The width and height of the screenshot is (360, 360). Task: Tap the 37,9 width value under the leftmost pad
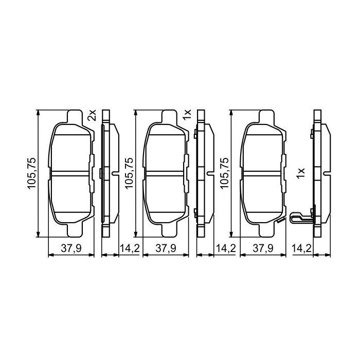pyautogui.click(x=70, y=248)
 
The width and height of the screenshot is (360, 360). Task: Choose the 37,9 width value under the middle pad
pyautogui.click(x=166, y=248)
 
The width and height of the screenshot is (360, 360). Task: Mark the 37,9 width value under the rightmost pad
pyautogui.click(x=262, y=248)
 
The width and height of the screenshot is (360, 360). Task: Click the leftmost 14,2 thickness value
pyautogui.click(x=129, y=248)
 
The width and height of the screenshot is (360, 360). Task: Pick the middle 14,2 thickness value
pyautogui.click(x=225, y=248)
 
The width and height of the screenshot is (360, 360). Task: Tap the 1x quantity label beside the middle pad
pyautogui.click(x=187, y=115)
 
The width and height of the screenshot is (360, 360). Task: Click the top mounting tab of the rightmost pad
pyautogui.click(x=266, y=116)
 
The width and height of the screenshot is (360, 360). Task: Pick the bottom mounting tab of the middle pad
pyautogui.click(x=170, y=231)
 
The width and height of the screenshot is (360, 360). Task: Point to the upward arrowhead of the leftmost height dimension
pyautogui.click(x=39, y=112)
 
